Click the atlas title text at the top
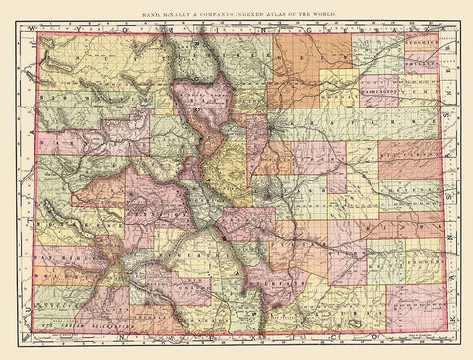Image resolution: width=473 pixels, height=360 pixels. coord(236,10)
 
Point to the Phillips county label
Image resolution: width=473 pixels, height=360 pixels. coord(419,58)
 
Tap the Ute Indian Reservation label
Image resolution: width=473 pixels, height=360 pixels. coord(89,323)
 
